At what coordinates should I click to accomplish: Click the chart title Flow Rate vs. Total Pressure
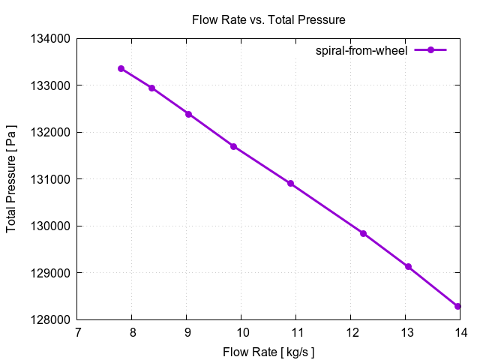click(268, 19)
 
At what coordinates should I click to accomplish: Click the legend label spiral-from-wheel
click(361, 50)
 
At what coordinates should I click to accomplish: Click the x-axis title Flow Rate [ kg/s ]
click(268, 352)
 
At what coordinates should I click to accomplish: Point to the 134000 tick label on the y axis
click(50, 39)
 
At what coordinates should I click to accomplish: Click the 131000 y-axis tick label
click(50, 179)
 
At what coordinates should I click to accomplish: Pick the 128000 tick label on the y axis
click(50, 320)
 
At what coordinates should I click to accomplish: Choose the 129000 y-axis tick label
click(50, 273)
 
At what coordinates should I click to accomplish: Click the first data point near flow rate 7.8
click(121, 69)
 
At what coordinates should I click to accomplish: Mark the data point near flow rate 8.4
click(152, 88)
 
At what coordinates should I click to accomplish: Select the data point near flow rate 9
click(188, 114)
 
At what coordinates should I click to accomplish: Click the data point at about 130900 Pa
click(290, 184)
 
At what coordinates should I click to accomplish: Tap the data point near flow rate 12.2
click(363, 233)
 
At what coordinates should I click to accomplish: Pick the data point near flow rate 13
click(408, 267)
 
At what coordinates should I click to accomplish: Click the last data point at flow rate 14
click(457, 306)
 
